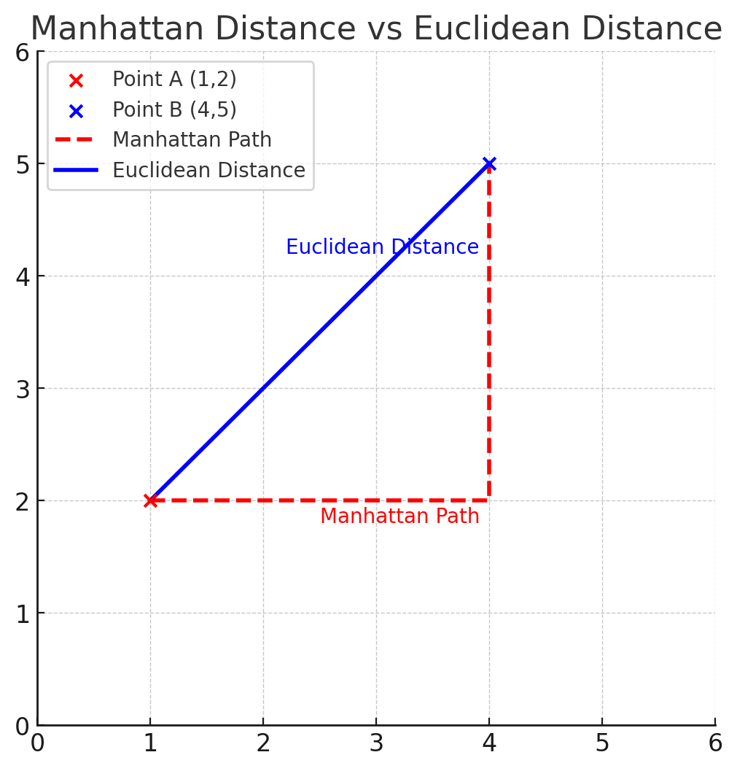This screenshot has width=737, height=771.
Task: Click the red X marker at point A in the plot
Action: pos(150,500)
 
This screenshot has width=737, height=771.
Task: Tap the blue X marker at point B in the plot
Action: pos(489,163)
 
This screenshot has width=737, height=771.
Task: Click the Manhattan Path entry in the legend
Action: pos(192,140)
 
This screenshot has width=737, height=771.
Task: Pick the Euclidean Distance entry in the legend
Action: pos(208,171)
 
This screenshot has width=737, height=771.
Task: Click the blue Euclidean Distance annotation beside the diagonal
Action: pos(382,247)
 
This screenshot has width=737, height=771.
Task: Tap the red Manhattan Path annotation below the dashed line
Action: pos(399,516)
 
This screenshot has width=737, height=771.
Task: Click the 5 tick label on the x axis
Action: pos(602,743)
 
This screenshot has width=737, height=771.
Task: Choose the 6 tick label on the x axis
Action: pos(715,743)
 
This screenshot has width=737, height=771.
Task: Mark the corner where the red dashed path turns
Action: pos(488,500)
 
